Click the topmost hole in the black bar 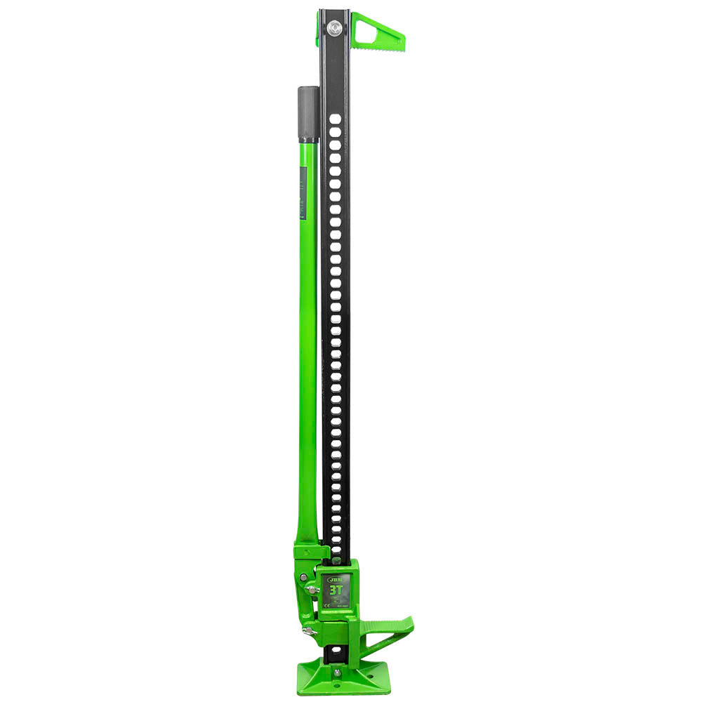[x=336, y=121]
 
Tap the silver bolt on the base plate [x=338, y=673]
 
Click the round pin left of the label [x=304, y=577]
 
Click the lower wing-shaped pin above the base [x=308, y=630]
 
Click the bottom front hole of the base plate [x=338, y=687]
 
